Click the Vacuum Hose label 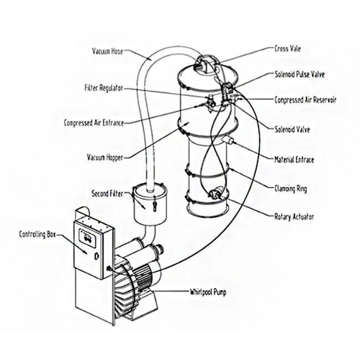click(x=107, y=51)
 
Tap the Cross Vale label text click(x=287, y=49)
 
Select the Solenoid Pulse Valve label click(x=300, y=74)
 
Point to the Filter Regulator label click(x=104, y=88)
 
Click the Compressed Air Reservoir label click(x=305, y=100)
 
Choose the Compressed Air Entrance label click(x=94, y=122)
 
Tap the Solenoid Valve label click(x=292, y=130)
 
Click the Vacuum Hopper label click(x=105, y=157)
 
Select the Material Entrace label click(x=294, y=160)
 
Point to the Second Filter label click(x=107, y=193)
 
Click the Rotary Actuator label click(x=294, y=217)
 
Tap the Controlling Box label click(x=38, y=234)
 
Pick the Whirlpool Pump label click(x=208, y=292)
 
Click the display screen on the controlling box click(x=88, y=238)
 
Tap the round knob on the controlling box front click(x=97, y=256)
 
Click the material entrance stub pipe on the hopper click(x=227, y=140)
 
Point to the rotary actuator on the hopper click(x=216, y=192)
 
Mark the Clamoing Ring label click(x=291, y=189)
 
